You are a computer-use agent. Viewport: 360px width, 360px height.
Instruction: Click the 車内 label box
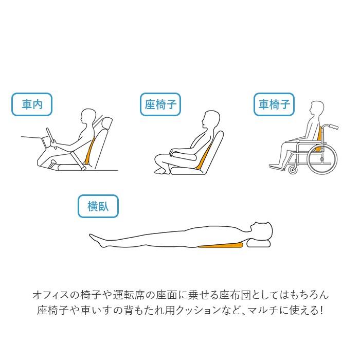32,105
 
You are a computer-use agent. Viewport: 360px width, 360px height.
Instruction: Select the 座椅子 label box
160,105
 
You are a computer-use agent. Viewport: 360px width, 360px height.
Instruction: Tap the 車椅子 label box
274,105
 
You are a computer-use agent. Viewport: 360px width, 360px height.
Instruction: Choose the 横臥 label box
98,207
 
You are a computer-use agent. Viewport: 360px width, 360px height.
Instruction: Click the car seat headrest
107,124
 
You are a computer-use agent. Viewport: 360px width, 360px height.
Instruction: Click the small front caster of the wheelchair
293,169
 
